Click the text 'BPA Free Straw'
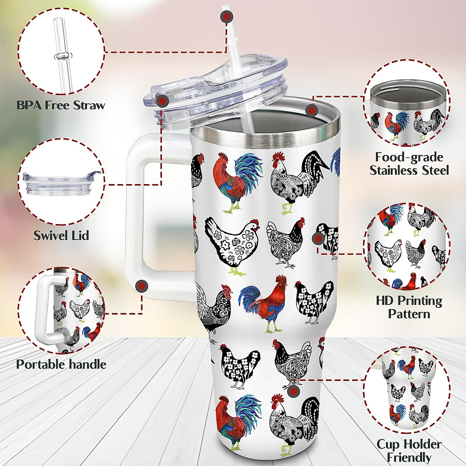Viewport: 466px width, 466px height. [x=61, y=105]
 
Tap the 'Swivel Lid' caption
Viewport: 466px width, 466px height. [x=61, y=235]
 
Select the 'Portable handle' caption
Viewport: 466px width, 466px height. [x=61, y=364]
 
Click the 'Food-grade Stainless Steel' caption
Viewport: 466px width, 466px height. [x=409, y=163]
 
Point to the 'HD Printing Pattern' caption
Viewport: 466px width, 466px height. [x=409, y=307]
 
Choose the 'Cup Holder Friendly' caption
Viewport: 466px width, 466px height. [x=409, y=450]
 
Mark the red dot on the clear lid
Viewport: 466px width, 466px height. [x=162, y=101]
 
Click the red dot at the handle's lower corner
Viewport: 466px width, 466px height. [x=142, y=286]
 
